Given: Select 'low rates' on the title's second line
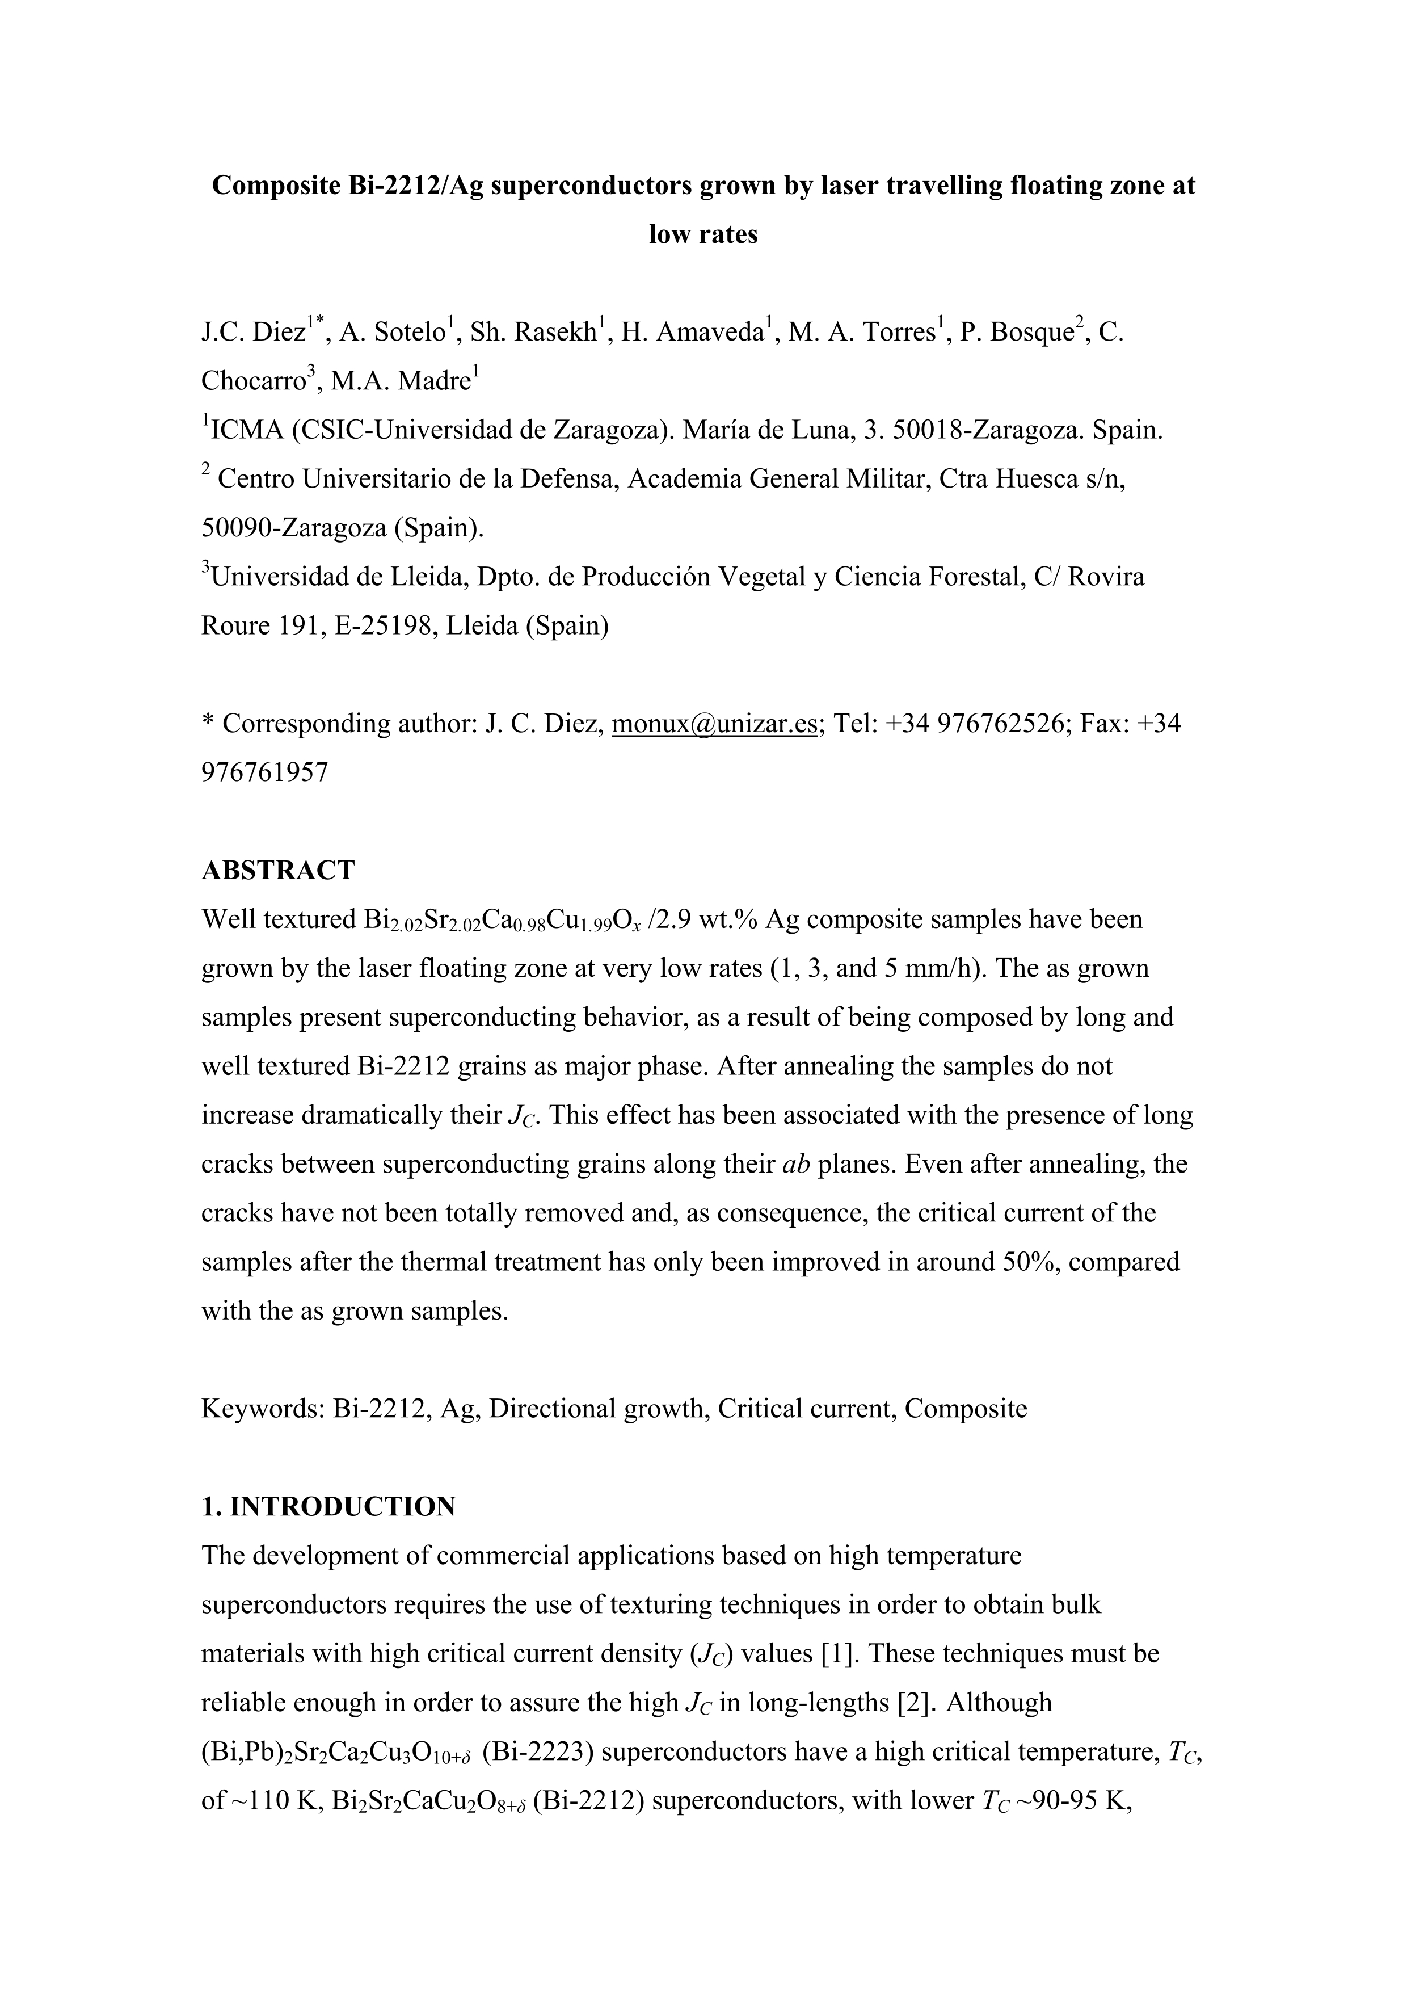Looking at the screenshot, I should (x=703, y=235).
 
